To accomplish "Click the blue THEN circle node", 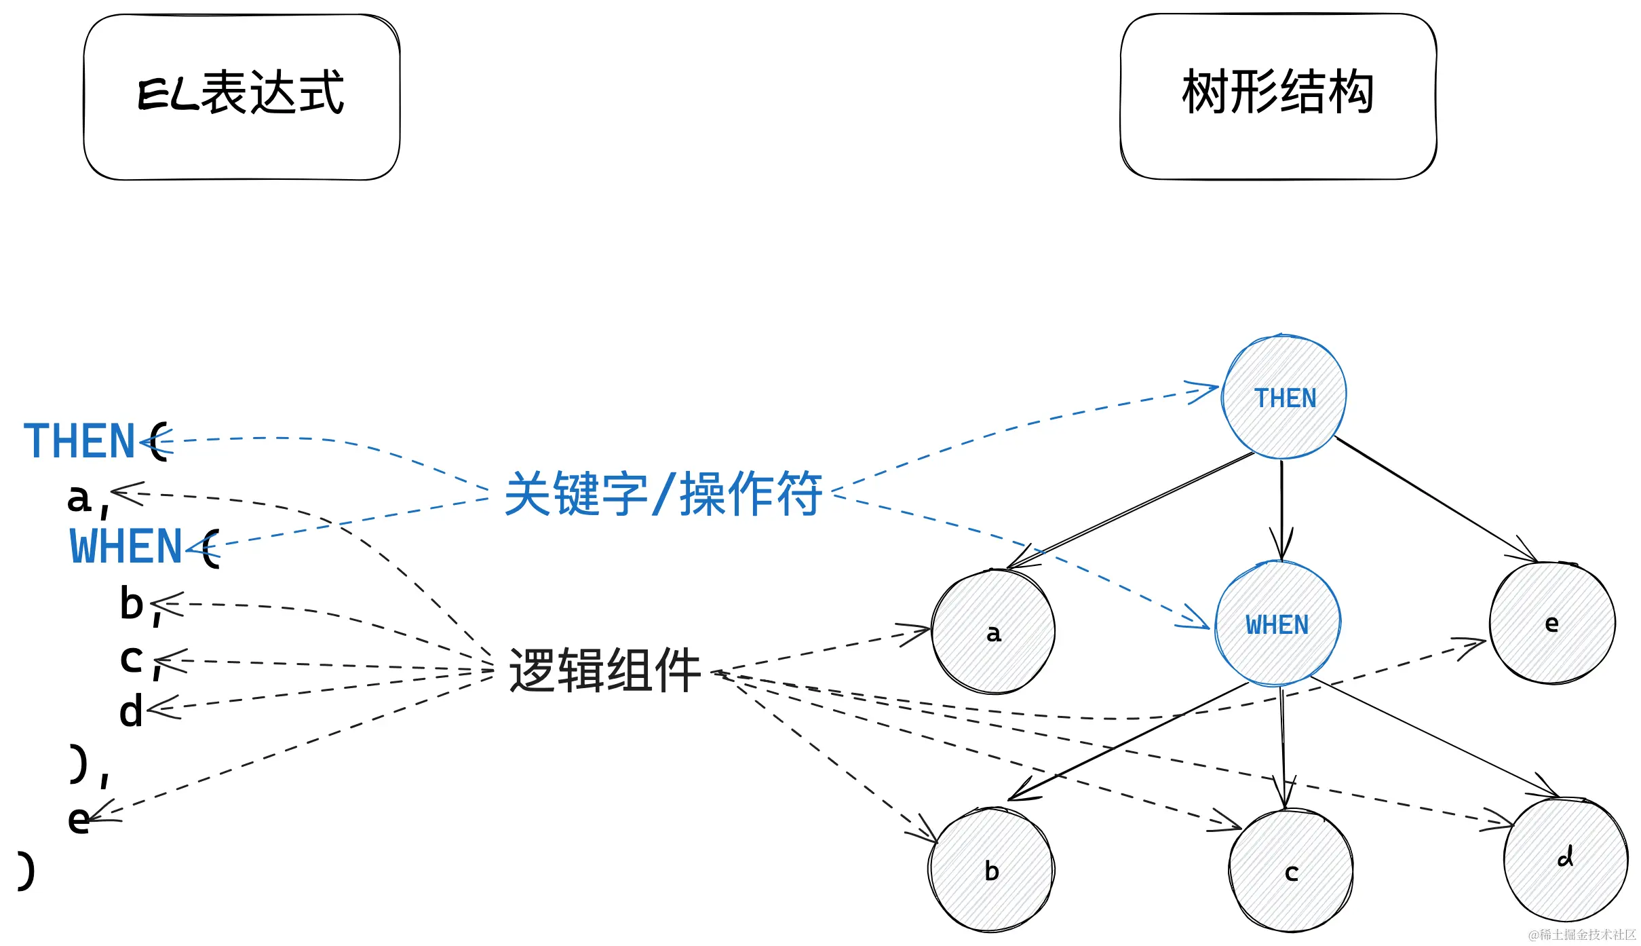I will [1284, 398].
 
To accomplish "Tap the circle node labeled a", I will [993, 632].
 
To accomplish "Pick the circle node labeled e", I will [1552, 623].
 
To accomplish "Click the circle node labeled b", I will [991, 870].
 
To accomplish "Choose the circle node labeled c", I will [1291, 871].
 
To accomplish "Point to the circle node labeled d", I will [1566, 859].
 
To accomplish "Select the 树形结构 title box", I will [1278, 96].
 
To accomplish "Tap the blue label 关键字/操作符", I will [663, 494].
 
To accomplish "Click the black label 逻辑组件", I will [604, 670].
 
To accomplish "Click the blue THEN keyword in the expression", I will [79, 441].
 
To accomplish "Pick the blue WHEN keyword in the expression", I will [126, 546].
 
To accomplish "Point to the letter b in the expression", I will [132, 603].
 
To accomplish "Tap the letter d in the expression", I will [131, 711].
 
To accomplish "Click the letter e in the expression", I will [78, 819].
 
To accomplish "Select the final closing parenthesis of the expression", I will [26, 871].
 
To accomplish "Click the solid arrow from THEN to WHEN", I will [1281, 509].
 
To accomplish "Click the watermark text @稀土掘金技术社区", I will [1582, 934].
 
